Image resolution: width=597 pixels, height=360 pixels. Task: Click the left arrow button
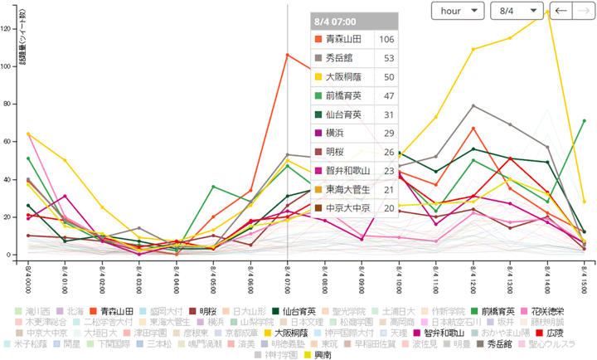tap(561, 11)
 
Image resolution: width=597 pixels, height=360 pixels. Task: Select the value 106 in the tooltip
tap(386, 40)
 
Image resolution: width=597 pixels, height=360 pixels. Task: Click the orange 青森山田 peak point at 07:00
tap(287, 55)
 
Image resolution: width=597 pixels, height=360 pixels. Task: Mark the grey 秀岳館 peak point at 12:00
tap(473, 105)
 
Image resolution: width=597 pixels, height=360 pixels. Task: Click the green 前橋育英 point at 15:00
tap(585, 121)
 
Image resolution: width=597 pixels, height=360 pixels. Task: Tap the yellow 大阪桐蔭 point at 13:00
tap(510, 38)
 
